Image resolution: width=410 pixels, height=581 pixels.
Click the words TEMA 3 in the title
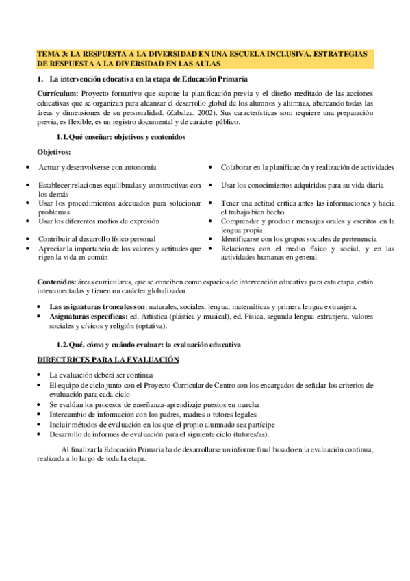click(x=51, y=53)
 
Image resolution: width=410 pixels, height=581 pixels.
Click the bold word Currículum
click(x=57, y=94)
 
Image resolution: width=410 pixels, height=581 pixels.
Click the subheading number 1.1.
click(x=63, y=137)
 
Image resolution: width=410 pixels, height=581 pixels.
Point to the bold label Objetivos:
click(x=54, y=151)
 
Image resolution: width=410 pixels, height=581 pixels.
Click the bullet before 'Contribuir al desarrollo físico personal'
click(x=27, y=239)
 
